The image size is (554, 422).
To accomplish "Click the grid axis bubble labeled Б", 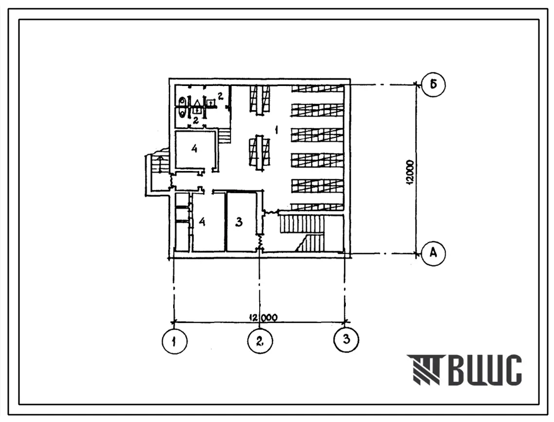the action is point(433,84).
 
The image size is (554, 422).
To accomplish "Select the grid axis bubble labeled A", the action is point(433,253).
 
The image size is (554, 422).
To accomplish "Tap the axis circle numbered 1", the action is point(175,341).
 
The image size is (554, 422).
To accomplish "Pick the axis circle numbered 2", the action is point(260,341).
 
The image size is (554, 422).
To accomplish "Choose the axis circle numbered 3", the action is point(346,339).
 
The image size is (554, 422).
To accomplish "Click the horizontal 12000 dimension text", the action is point(263,317).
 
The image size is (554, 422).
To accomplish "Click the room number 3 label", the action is point(239,222).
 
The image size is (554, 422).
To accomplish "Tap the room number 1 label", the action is point(276,131).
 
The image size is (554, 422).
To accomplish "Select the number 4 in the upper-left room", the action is point(194,149).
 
